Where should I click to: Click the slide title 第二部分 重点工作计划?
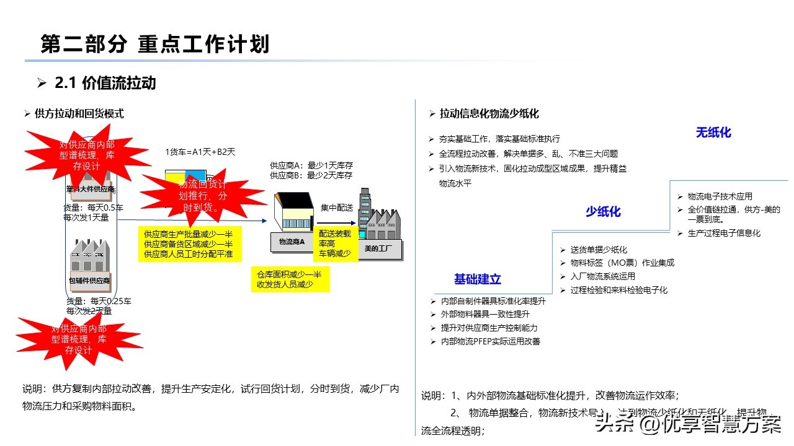click(x=155, y=45)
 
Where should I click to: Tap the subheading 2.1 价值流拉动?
click(x=105, y=82)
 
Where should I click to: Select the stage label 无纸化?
click(x=713, y=133)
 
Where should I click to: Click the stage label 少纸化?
click(x=603, y=212)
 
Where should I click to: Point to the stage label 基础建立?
click(x=477, y=279)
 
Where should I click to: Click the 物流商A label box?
click(x=292, y=242)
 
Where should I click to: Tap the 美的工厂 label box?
click(x=378, y=249)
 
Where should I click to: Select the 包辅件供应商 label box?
click(x=89, y=281)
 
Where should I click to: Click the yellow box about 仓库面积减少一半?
click(x=290, y=279)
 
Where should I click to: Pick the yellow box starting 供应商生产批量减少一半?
click(x=189, y=244)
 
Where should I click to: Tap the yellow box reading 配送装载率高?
click(x=336, y=243)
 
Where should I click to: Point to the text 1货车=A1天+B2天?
click(x=200, y=151)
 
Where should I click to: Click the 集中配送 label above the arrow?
click(x=337, y=208)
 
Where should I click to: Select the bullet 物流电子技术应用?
click(x=720, y=196)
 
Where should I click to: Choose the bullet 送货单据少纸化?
click(x=599, y=250)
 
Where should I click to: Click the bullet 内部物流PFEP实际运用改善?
click(x=490, y=341)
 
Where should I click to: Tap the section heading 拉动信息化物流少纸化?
click(x=489, y=114)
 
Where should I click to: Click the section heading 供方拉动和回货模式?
click(x=79, y=113)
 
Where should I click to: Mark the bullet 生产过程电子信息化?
click(x=723, y=233)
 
